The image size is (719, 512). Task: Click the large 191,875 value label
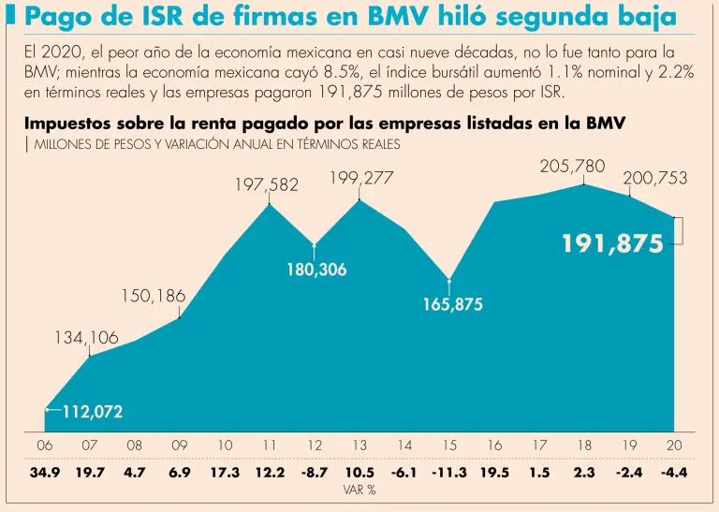[612, 244]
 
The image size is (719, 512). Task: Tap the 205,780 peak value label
[573, 167]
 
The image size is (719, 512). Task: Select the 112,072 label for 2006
[92, 411]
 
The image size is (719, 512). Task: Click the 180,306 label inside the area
[315, 270]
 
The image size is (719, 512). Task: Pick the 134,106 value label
[86, 338]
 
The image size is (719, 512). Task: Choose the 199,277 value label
[361, 178]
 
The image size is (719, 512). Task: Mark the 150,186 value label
[153, 296]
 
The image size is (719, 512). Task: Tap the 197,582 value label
[266, 185]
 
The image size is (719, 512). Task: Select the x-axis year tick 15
[450, 446]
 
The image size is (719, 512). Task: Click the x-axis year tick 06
[45, 446]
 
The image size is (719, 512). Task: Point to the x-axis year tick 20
[674, 446]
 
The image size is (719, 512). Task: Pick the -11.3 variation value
[449, 473]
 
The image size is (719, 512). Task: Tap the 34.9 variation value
[45, 473]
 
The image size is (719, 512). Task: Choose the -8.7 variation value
[315, 473]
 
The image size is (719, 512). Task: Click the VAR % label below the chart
[359, 490]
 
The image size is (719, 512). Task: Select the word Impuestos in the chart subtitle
[66, 124]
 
